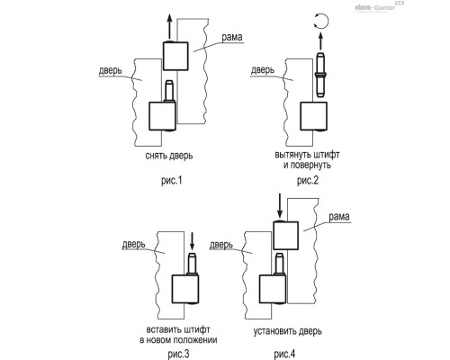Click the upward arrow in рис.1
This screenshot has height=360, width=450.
tap(169, 27)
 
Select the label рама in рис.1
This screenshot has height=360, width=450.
tap(232, 38)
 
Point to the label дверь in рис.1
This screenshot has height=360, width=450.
tap(111, 71)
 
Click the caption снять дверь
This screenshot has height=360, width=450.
tap(169, 156)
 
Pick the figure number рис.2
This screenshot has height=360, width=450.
tap(308, 181)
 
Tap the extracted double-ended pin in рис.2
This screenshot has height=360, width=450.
tap(320, 75)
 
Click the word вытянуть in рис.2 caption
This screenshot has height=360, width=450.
tap(292, 155)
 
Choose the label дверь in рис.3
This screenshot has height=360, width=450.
tap(133, 245)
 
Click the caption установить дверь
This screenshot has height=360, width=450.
tap(288, 331)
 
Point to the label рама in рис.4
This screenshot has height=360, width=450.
tap(339, 217)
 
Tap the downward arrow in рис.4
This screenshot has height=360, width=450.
tap(280, 206)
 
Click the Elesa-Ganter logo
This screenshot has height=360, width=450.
tap(379, 6)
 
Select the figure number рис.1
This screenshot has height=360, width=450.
tap(172, 181)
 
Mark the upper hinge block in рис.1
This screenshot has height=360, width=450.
tap(175, 56)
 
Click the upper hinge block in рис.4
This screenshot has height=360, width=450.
tap(285, 236)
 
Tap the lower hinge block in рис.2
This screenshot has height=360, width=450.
tap(313, 116)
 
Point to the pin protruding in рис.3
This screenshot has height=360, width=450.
tap(192, 264)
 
